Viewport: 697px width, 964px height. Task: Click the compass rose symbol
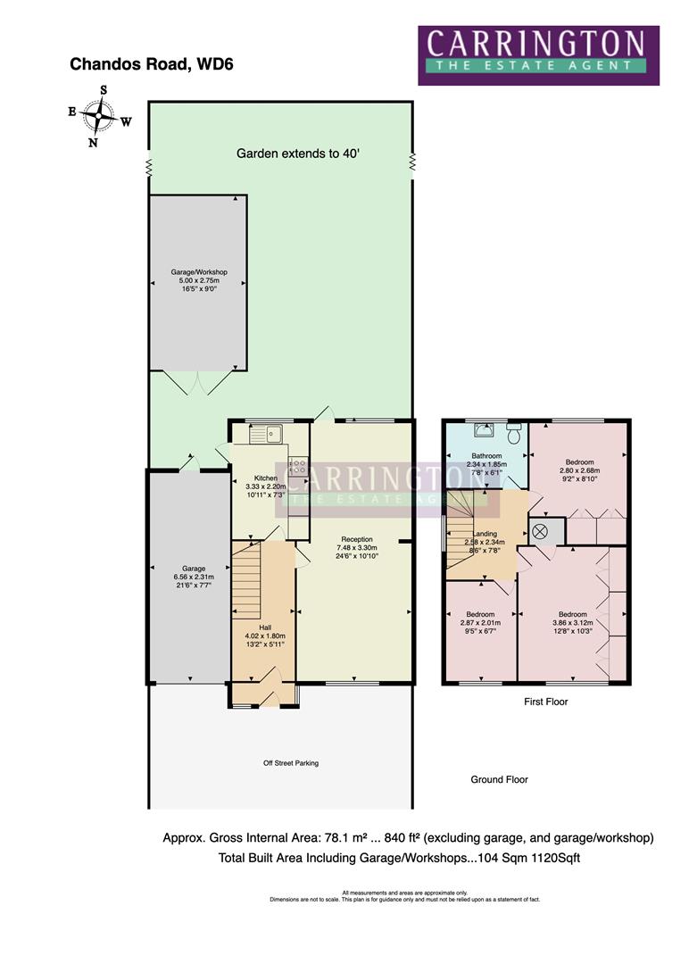(99, 115)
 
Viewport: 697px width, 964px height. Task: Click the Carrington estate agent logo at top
(538, 54)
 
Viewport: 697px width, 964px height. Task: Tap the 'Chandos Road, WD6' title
(152, 64)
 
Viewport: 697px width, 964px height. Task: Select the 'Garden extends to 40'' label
(298, 154)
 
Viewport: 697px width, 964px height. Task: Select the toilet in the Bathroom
(513, 433)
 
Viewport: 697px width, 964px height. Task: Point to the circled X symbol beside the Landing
(540, 532)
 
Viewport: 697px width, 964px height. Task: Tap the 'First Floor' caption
(545, 702)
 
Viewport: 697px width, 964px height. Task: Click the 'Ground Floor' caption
(499, 779)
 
